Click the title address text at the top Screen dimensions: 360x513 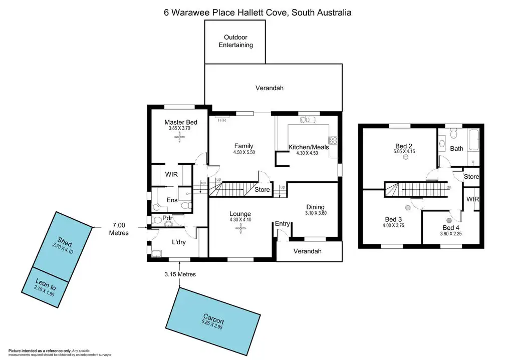click(x=258, y=13)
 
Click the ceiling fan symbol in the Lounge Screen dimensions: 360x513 click(x=241, y=229)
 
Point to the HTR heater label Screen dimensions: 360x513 click(x=221, y=120)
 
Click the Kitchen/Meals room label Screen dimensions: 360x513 click(x=309, y=147)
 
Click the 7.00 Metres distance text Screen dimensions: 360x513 click(x=119, y=229)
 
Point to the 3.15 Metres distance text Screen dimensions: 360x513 click(x=179, y=274)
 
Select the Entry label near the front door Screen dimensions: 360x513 click(x=282, y=223)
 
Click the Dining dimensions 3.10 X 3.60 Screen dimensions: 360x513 click(x=316, y=213)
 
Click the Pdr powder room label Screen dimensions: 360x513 click(x=167, y=219)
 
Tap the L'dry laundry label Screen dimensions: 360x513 click(x=180, y=242)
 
